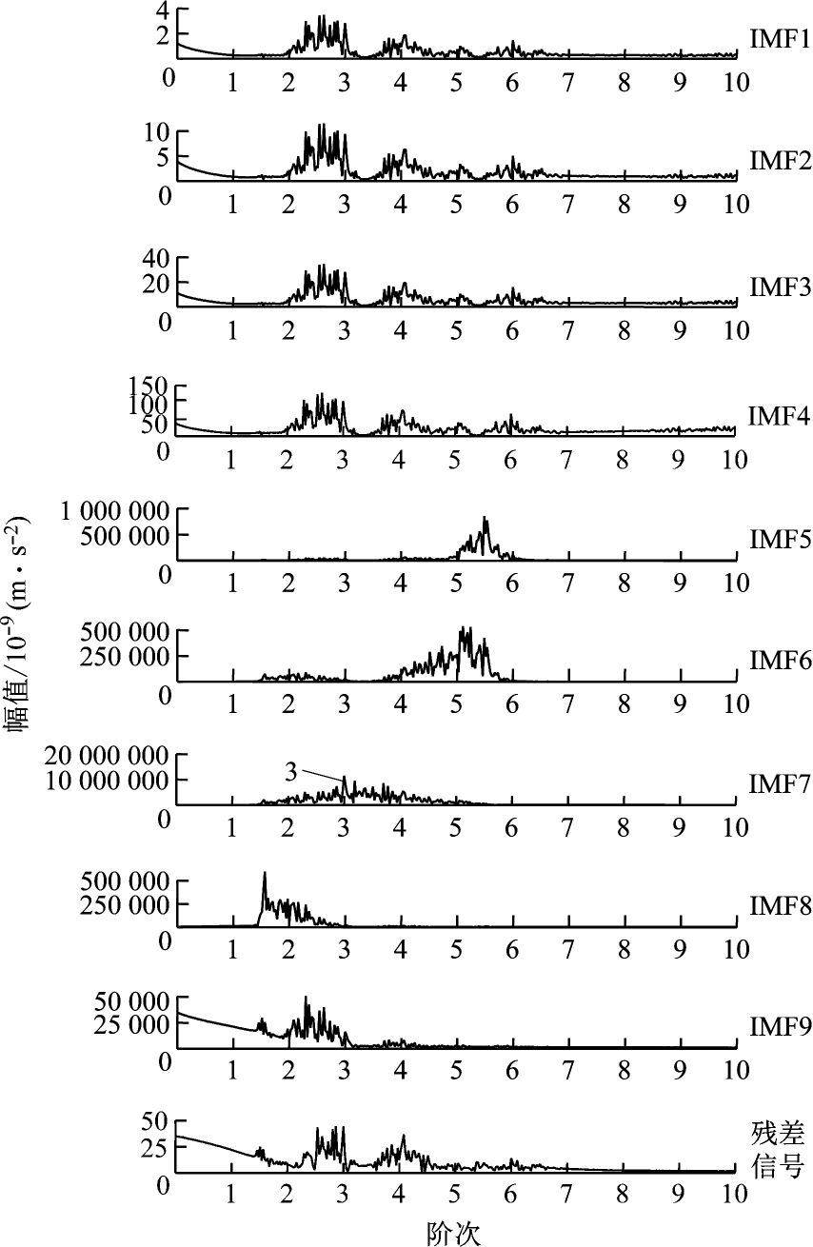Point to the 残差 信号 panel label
[778, 1149]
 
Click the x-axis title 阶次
[453, 1233]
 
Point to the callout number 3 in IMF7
[291, 772]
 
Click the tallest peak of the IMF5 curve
[486, 519]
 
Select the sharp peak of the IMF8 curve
[265, 873]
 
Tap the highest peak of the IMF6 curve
[464, 628]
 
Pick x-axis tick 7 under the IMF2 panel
[567, 203]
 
